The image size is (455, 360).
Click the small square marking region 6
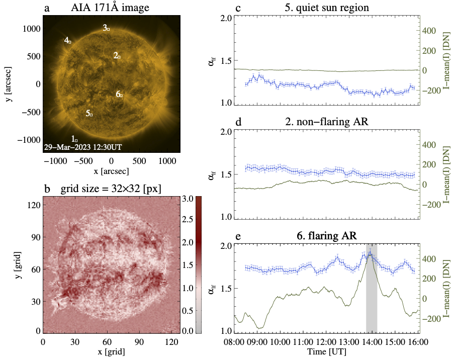point(121,95)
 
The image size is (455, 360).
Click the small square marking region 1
point(76,139)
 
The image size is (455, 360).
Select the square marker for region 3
point(108,30)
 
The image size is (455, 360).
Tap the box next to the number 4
point(70,42)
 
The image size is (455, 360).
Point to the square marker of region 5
point(91,115)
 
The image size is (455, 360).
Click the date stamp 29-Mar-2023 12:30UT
point(82,147)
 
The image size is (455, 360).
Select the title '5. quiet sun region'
point(320,8)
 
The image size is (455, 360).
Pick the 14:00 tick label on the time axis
point(371,341)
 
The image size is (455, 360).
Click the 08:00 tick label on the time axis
point(234,341)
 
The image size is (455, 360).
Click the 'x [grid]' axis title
point(111,351)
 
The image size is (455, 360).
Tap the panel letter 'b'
point(47,189)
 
